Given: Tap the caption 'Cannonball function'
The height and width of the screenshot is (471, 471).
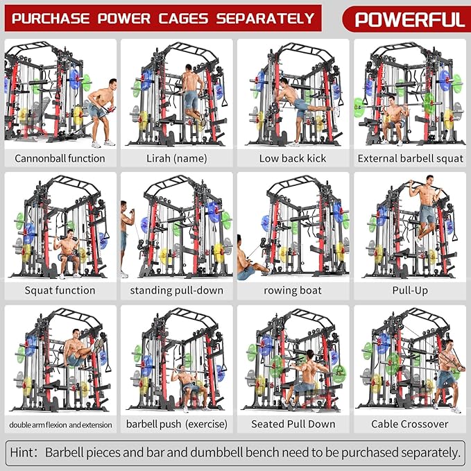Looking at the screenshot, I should [x=60, y=158].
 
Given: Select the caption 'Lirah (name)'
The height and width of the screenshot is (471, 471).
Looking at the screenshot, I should [x=176, y=158].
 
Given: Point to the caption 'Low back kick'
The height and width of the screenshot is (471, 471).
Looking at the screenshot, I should [x=293, y=158].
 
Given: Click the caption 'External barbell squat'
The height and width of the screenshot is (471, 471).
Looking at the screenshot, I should [x=411, y=158].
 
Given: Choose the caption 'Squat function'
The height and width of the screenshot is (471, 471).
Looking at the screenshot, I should [x=60, y=290].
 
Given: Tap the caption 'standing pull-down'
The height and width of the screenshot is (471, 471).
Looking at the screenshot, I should [x=176, y=290].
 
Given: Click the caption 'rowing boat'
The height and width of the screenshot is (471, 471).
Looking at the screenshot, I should [x=293, y=290].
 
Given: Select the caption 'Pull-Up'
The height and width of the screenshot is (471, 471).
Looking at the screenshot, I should [x=411, y=290].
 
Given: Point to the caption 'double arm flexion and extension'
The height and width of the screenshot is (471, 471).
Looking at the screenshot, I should [x=60, y=424].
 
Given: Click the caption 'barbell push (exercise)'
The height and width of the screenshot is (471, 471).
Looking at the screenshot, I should [x=176, y=424].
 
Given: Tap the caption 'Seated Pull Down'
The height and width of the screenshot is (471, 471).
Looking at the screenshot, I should [x=293, y=424].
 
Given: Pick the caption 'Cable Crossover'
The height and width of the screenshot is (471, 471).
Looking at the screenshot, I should [x=411, y=424].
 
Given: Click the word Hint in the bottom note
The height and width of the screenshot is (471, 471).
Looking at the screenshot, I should [x=24, y=453].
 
